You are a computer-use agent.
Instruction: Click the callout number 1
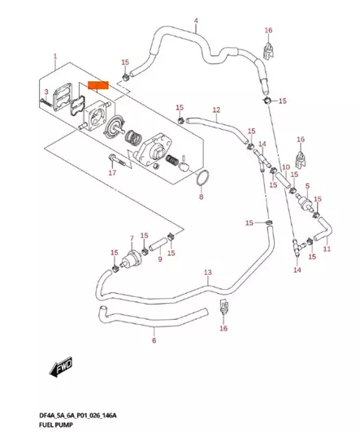pos(54,57)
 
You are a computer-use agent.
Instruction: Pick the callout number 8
pos(202,197)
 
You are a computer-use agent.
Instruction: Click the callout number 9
pos(160,259)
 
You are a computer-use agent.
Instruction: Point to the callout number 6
pos(154,341)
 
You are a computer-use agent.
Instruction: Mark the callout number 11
pos(327,249)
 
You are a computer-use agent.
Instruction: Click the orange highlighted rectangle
pos(98,84)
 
